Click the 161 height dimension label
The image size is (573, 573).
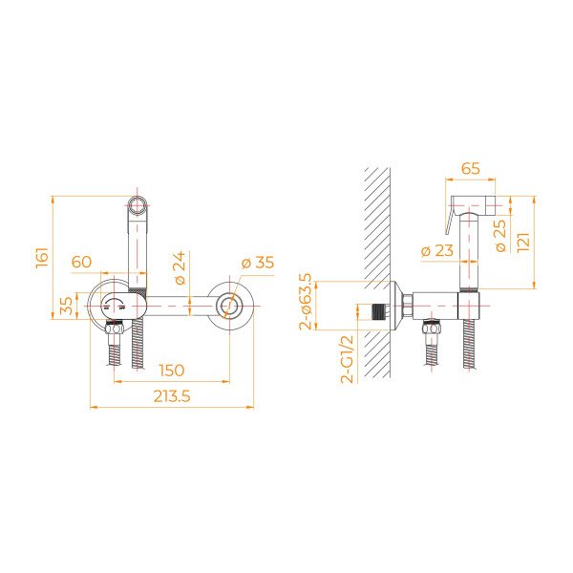(42, 258)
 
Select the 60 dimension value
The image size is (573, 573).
(81, 262)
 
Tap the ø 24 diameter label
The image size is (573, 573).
(180, 267)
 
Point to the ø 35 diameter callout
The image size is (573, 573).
(258, 263)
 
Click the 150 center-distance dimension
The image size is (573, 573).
(172, 371)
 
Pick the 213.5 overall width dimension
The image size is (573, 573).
(172, 396)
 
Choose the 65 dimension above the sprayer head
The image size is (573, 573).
(470, 168)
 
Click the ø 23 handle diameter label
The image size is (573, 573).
(437, 250)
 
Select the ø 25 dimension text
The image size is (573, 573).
(501, 235)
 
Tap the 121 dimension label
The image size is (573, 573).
(523, 242)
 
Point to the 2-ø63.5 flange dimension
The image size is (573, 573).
(306, 302)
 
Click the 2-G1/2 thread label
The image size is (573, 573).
(348, 359)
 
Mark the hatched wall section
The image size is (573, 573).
(377, 272)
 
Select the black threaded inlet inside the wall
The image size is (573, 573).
(379, 311)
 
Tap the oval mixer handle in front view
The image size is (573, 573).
(123, 306)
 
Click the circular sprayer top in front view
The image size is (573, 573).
(138, 205)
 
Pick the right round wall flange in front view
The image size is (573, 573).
(230, 306)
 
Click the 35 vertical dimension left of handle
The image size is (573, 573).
(66, 306)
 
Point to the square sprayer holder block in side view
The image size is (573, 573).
(469, 306)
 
